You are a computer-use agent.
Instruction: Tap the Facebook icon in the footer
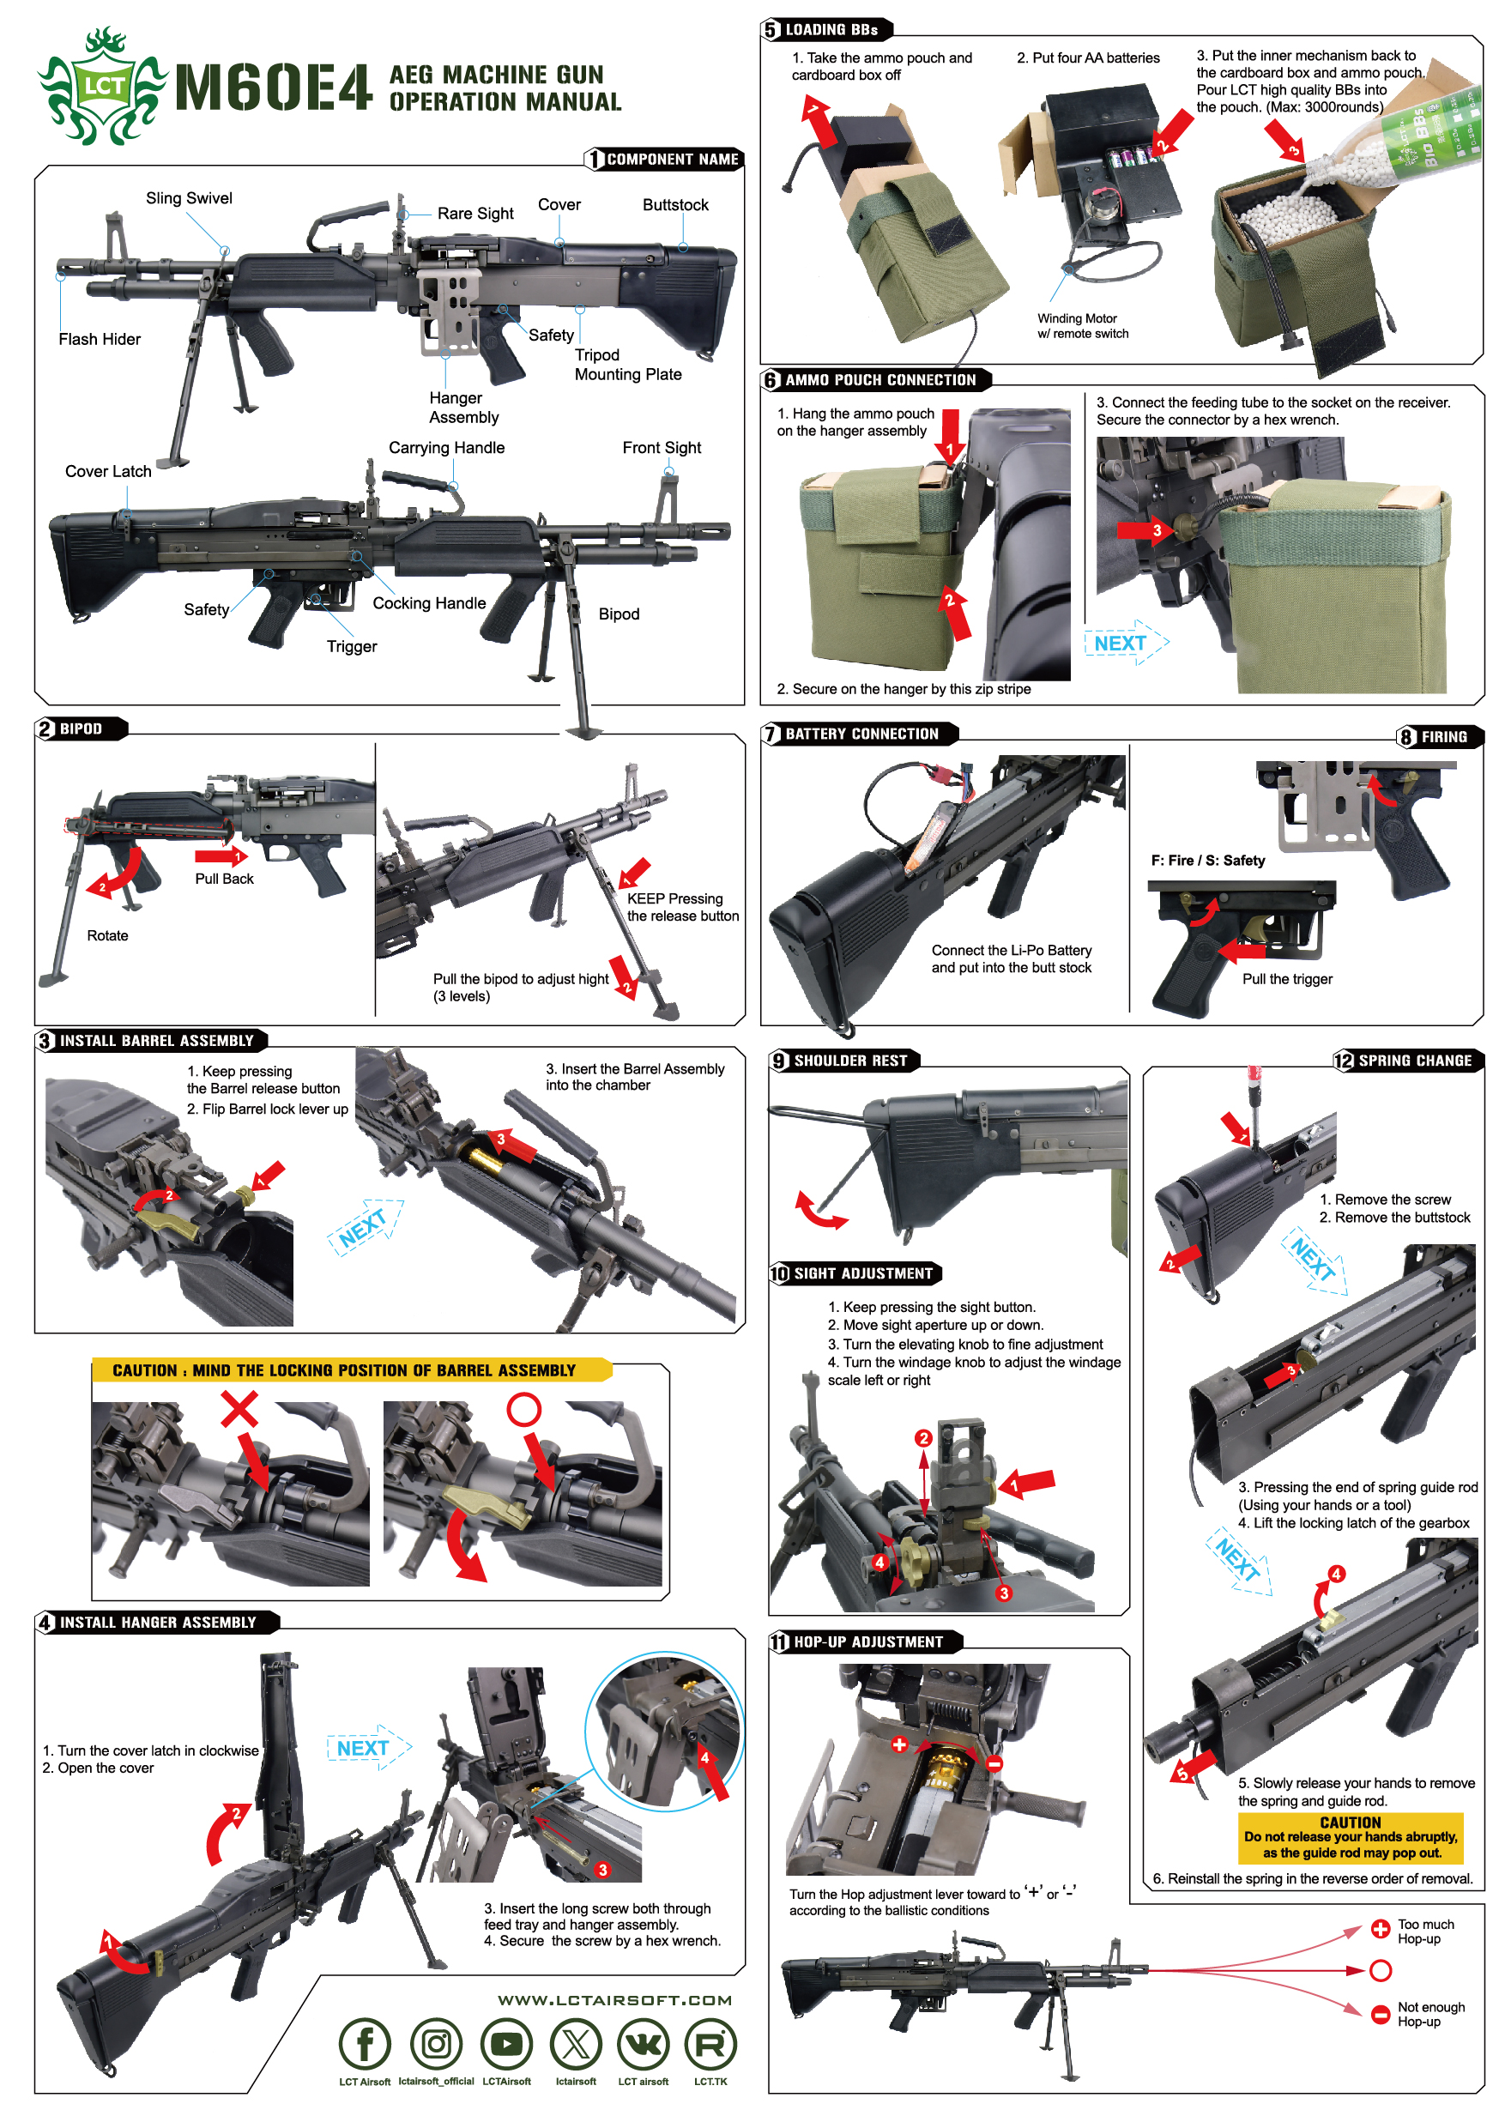tap(366, 2043)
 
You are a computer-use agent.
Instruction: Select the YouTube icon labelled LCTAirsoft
tap(506, 2043)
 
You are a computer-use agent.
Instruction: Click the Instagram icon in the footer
tap(437, 2043)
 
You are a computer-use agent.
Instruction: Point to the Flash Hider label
tap(100, 339)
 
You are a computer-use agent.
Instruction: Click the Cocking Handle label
tap(429, 603)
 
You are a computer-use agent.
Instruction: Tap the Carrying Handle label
tap(447, 448)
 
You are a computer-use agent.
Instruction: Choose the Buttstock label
tap(675, 205)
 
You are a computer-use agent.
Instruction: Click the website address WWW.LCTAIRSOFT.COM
tap(614, 2000)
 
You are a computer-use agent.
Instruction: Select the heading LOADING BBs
tap(831, 30)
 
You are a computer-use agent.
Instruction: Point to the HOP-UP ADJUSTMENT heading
tap(867, 1641)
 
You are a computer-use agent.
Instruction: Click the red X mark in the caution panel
tap(239, 1410)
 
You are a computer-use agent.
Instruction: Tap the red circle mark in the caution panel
tap(523, 1409)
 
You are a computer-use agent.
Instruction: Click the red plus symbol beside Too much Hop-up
tap(1380, 1929)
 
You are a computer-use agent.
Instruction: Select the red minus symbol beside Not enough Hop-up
tap(1380, 2013)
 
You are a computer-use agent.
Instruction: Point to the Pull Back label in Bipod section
tap(224, 879)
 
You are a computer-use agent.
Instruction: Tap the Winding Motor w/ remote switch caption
tap(1082, 326)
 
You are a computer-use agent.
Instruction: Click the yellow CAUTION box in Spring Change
tap(1351, 1837)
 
